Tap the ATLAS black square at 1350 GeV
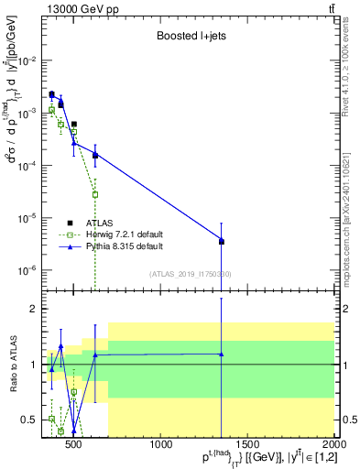pos(222,242)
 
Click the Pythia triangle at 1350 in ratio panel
pos(222,354)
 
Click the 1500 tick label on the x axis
pos(248,445)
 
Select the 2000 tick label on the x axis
pos(334,445)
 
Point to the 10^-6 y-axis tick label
pos(29,270)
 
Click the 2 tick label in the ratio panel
pos(34,310)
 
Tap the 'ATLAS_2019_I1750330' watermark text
pos(190,273)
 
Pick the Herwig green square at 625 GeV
pos(95,194)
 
